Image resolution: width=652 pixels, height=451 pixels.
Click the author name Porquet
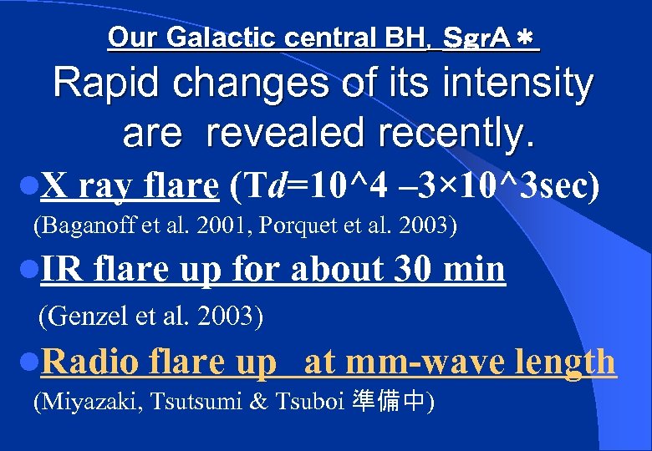(x=293, y=225)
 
